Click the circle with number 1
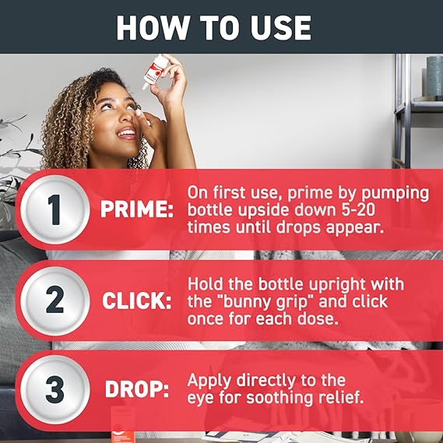55,209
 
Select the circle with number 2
55,300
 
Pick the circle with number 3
55,389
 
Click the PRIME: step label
137,209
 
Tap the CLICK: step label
137,301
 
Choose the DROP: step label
137,389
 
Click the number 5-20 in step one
358,210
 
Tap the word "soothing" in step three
280,398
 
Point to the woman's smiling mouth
127,133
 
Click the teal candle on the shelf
434,76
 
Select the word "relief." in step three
341,397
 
